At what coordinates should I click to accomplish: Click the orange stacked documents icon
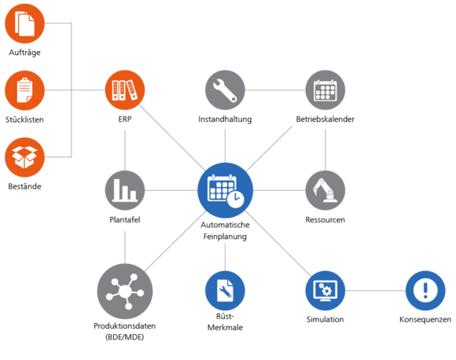pyautogui.click(x=25, y=24)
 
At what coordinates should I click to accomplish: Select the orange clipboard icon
pyautogui.click(x=25, y=90)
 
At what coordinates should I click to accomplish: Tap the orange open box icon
pyautogui.click(x=25, y=156)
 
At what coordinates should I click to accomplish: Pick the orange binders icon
pyautogui.click(x=125, y=90)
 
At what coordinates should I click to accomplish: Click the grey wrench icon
pyautogui.click(x=225, y=90)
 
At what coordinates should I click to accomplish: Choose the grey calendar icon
pyautogui.click(x=325, y=90)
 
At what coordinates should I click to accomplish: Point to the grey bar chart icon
pyautogui.click(x=125, y=190)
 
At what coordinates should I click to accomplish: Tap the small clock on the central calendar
pyautogui.click(x=236, y=200)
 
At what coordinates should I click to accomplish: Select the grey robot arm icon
pyautogui.click(x=325, y=190)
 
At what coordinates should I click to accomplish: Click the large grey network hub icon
pyautogui.click(x=125, y=291)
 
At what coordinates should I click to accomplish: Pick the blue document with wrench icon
pyautogui.click(x=225, y=291)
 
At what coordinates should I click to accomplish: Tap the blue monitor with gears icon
pyautogui.click(x=325, y=291)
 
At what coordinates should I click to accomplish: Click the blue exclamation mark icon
pyautogui.click(x=425, y=291)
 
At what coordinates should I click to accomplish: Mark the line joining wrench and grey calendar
pyautogui.click(x=275, y=90)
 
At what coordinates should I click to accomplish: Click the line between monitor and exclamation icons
pyautogui.click(x=375, y=291)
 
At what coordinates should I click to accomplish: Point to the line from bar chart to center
pyautogui.click(x=171, y=190)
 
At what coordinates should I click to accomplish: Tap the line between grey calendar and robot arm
pyautogui.click(x=325, y=148)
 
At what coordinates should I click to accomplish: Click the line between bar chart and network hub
pyautogui.click(x=125, y=245)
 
